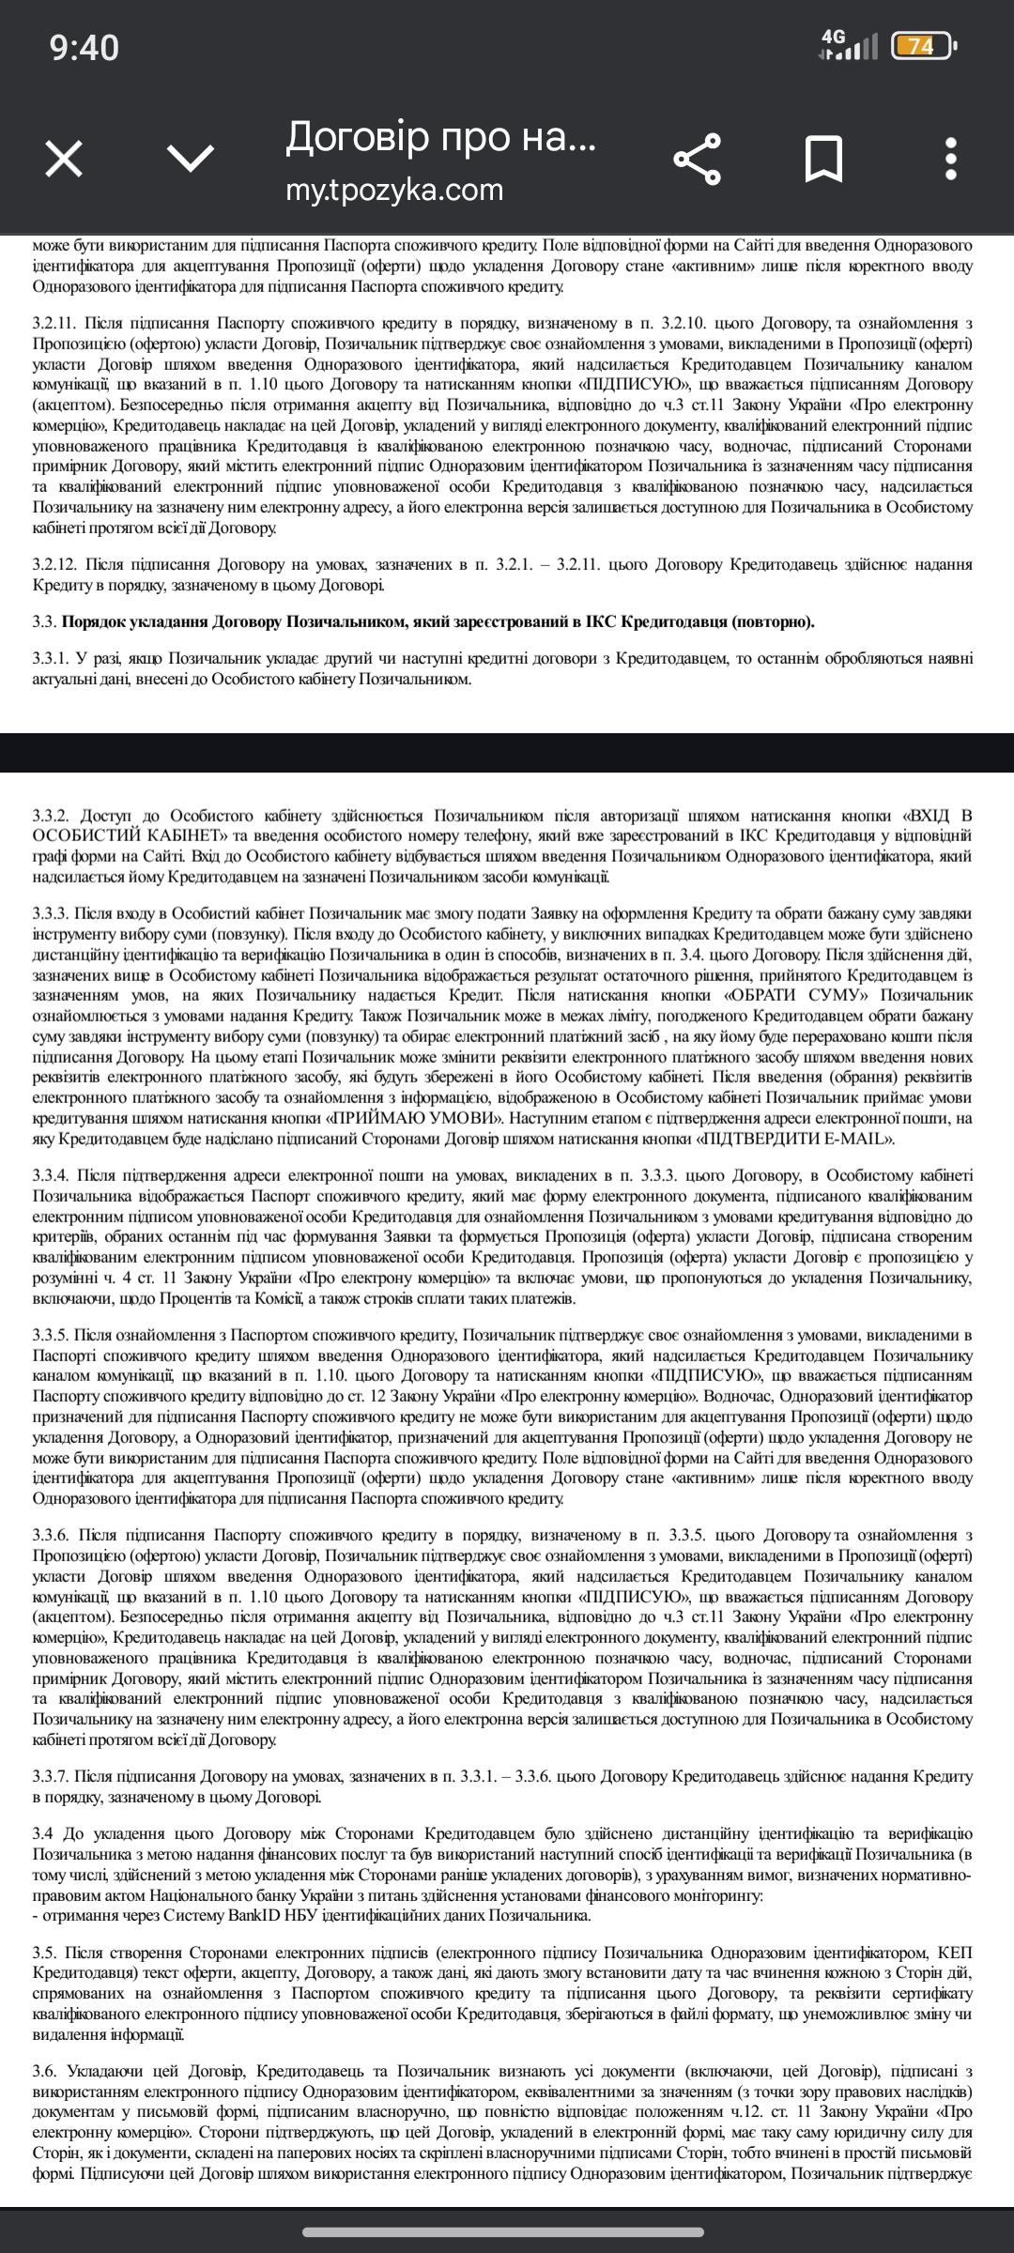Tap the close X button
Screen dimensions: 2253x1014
[x=64, y=158]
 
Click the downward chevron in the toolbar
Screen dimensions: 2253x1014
[x=191, y=158]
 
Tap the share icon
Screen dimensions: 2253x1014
[x=698, y=158]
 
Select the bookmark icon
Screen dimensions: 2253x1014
[x=823, y=158]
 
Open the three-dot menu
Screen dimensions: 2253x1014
[x=951, y=158]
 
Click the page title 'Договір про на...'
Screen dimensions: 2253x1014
[x=440, y=137]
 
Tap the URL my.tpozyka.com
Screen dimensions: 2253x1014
[x=394, y=190]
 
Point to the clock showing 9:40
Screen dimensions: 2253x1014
[x=84, y=47]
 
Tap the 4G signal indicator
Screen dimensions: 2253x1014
[x=848, y=45]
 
